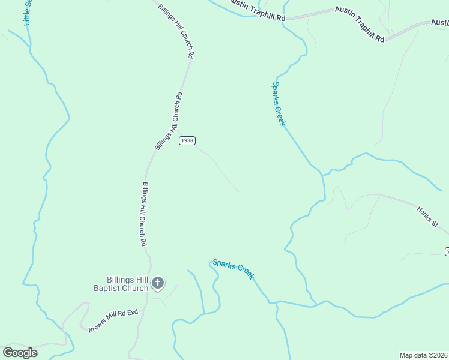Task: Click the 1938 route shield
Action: click(x=187, y=140)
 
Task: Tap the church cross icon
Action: click(x=158, y=282)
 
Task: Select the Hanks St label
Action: click(x=428, y=217)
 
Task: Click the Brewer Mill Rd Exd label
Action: click(x=113, y=321)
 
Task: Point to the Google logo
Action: click(x=20, y=353)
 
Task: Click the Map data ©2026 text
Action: click(x=424, y=355)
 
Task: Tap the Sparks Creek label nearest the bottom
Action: click(x=233, y=269)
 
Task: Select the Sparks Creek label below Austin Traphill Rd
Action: click(x=279, y=104)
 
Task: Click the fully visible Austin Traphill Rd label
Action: click(x=359, y=23)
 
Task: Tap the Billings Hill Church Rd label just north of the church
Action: click(x=143, y=214)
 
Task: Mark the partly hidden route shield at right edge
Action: click(x=447, y=251)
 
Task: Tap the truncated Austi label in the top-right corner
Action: click(x=439, y=23)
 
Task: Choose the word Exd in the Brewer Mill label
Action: click(x=132, y=312)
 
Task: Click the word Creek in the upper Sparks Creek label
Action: click(x=279, y=114)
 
